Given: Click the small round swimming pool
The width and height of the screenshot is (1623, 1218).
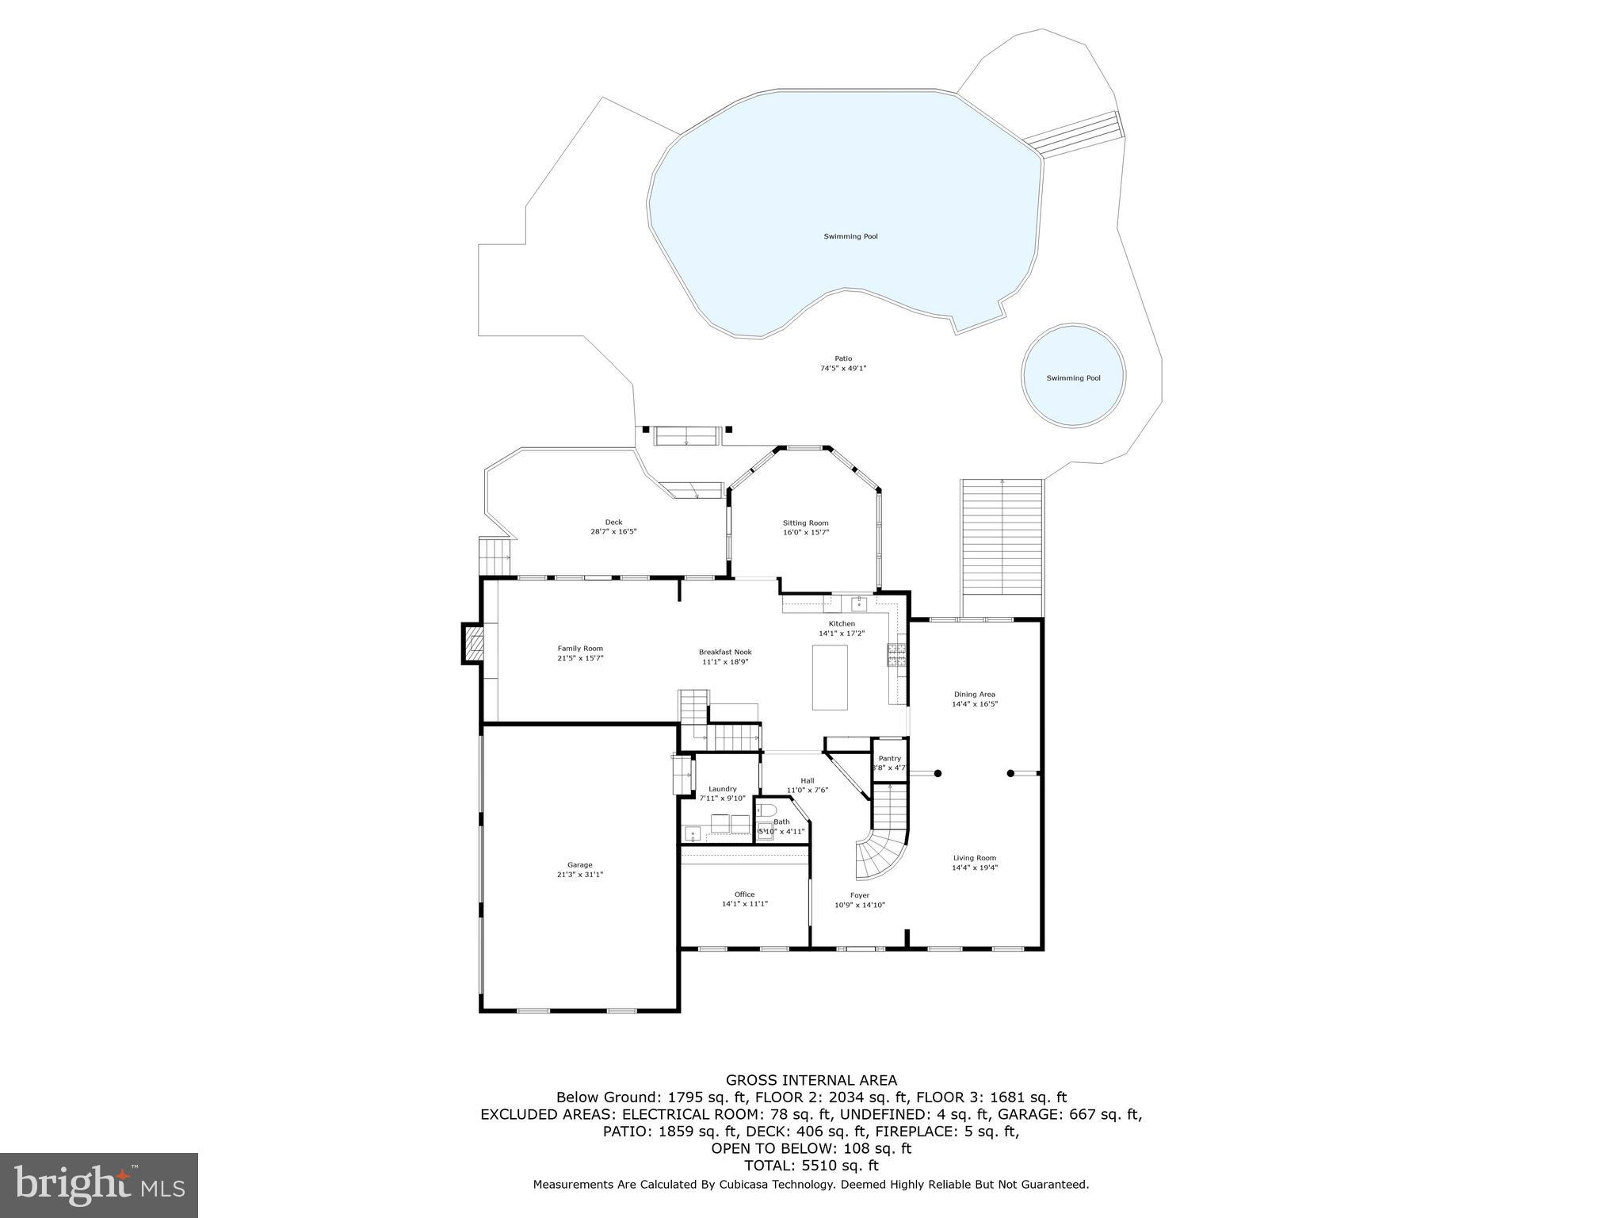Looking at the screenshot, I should (1073, 376).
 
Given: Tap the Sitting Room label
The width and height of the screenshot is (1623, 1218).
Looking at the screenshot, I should (805, 523).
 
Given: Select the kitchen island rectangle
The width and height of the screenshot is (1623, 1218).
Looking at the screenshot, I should (829, 677).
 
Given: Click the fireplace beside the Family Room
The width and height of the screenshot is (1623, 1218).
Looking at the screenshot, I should (473, 643).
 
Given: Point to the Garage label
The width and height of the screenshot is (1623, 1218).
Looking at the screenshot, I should (579, 865).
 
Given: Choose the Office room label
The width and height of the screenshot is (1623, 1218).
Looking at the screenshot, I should (744, 894).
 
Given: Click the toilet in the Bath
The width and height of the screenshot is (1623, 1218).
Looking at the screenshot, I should (766, 810).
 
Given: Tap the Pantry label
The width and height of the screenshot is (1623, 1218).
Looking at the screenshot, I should (889, 759).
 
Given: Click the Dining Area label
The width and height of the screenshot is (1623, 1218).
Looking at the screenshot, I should (974, 695).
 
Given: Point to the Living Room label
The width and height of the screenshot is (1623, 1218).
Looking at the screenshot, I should (974, 858).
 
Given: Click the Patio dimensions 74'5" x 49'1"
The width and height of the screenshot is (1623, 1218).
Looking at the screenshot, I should (842, 369).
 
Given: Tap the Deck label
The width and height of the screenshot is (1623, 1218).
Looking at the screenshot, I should (613, 522).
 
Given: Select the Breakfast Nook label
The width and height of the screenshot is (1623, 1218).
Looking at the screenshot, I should (725, 652).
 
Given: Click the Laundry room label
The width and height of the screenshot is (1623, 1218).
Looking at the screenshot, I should (722, 789).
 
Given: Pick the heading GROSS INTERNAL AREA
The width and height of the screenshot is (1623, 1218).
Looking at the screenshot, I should (811, 1080).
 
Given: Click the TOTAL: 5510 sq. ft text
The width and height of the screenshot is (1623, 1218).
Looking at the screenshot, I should (811, 1166).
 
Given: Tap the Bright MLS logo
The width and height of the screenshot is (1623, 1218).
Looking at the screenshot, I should (99, 1185).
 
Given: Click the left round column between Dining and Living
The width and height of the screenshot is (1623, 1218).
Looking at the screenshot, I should (938, 773).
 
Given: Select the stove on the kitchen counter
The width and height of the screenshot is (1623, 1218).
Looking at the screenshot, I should (896, 654).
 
